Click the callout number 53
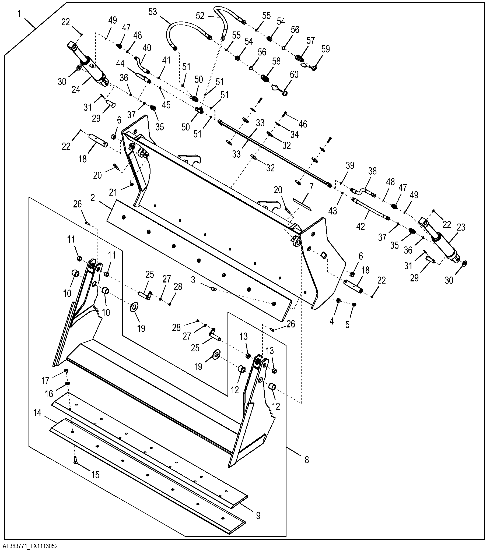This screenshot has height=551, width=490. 153,12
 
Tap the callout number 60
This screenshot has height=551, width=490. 294,75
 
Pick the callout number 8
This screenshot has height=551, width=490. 307,460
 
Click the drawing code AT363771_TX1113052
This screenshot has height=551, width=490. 29,546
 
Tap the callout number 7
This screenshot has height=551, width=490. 312,186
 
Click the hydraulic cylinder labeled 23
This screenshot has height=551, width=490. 440,240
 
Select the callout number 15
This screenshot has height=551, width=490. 95,474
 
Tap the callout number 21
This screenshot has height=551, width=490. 113,192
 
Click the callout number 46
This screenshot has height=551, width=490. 303,124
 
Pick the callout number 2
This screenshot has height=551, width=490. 93,198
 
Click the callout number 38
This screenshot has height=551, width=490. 372,171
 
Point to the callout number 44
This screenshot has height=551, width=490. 120,63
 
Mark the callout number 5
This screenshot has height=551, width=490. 347,324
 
